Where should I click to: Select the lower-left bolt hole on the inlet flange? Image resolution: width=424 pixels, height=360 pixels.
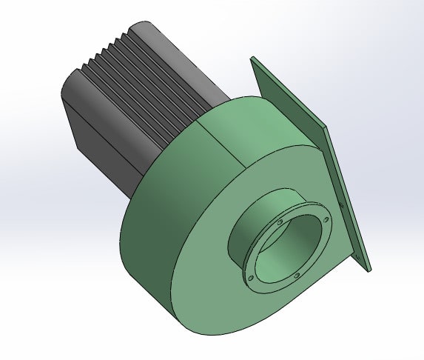tap(250, 278)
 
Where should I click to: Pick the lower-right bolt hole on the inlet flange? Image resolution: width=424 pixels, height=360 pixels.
tap(297, 276)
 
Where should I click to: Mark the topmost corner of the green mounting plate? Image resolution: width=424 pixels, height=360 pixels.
tap(252, 57)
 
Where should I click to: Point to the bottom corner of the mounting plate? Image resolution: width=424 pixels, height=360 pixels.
tap(368, 267)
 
